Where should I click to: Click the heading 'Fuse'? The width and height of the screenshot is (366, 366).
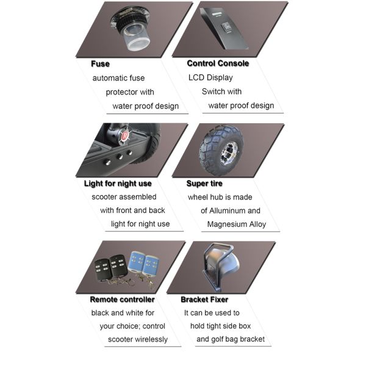click(100, 63)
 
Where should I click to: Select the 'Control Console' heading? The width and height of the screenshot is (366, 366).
click(217, 63)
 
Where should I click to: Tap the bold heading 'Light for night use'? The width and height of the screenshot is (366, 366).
click(118, 183)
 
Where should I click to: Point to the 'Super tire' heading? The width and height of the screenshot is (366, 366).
click(204, 183)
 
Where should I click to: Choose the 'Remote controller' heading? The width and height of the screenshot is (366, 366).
click(122, 300)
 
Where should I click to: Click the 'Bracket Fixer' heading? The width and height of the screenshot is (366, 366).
click(204, 300)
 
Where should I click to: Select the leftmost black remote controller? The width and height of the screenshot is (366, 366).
click(102, 267)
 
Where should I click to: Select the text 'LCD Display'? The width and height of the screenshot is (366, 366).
click(210, 77)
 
